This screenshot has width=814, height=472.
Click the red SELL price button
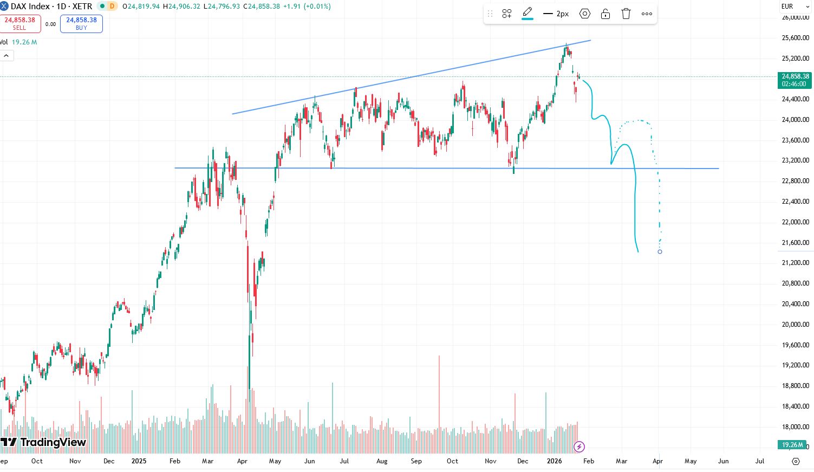(x=20, y=23)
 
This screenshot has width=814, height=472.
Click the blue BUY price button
(x=81, y=23)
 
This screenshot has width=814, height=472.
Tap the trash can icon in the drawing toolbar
(x=626, y=14)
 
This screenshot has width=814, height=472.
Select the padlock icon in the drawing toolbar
(x=605, y=14)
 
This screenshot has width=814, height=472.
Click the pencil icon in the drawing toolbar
(x=528, y=13)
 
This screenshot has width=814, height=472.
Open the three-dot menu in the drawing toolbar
(x=647, y=14)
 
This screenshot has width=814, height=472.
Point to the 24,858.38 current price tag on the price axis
(x=795, y=80)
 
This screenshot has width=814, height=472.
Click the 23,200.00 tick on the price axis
(x=795, y=160)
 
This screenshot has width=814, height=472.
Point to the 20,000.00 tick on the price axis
(x=795, y=325)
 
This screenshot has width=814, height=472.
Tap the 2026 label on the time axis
(x=554, y=461)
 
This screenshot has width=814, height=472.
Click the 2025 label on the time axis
(x=139, y=461)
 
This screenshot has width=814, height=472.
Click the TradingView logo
(x=43, y=442)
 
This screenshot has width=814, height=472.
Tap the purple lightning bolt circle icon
(x=579, y=447)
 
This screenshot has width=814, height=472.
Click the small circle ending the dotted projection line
(x=660, y=251)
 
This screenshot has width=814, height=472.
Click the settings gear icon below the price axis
(x=796, y=461)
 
